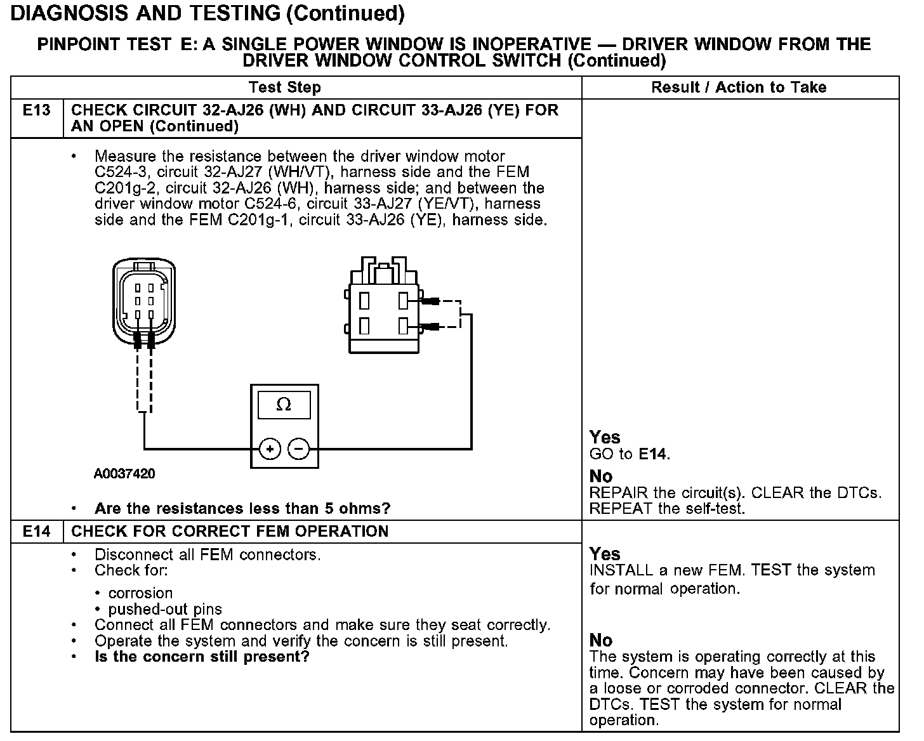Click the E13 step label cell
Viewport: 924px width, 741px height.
click(36, 110)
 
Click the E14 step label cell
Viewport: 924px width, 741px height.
click(36, 532)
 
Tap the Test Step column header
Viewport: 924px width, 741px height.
click(285, 88)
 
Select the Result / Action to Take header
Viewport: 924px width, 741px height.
click(739, 88)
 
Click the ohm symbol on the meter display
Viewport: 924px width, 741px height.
click(284, 405)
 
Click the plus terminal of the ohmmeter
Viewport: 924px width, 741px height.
click(270, 449)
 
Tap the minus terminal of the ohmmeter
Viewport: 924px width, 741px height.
click(299, 449)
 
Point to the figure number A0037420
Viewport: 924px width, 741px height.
click(124, 474)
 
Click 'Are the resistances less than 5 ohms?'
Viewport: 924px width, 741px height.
click(242, 508)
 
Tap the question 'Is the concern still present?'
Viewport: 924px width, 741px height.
click(202, 657)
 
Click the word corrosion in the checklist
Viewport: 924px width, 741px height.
click(140, 593)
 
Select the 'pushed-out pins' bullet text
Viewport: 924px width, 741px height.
click(165, 610)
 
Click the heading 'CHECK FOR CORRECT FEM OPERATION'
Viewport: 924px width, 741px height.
click(230, 532)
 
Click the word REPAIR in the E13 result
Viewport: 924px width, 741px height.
click(619, 493)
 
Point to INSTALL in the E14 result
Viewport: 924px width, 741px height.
click(621, 570)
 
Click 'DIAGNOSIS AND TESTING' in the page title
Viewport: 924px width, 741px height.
click(145, 13)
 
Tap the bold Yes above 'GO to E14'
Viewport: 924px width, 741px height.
click(605, 437)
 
